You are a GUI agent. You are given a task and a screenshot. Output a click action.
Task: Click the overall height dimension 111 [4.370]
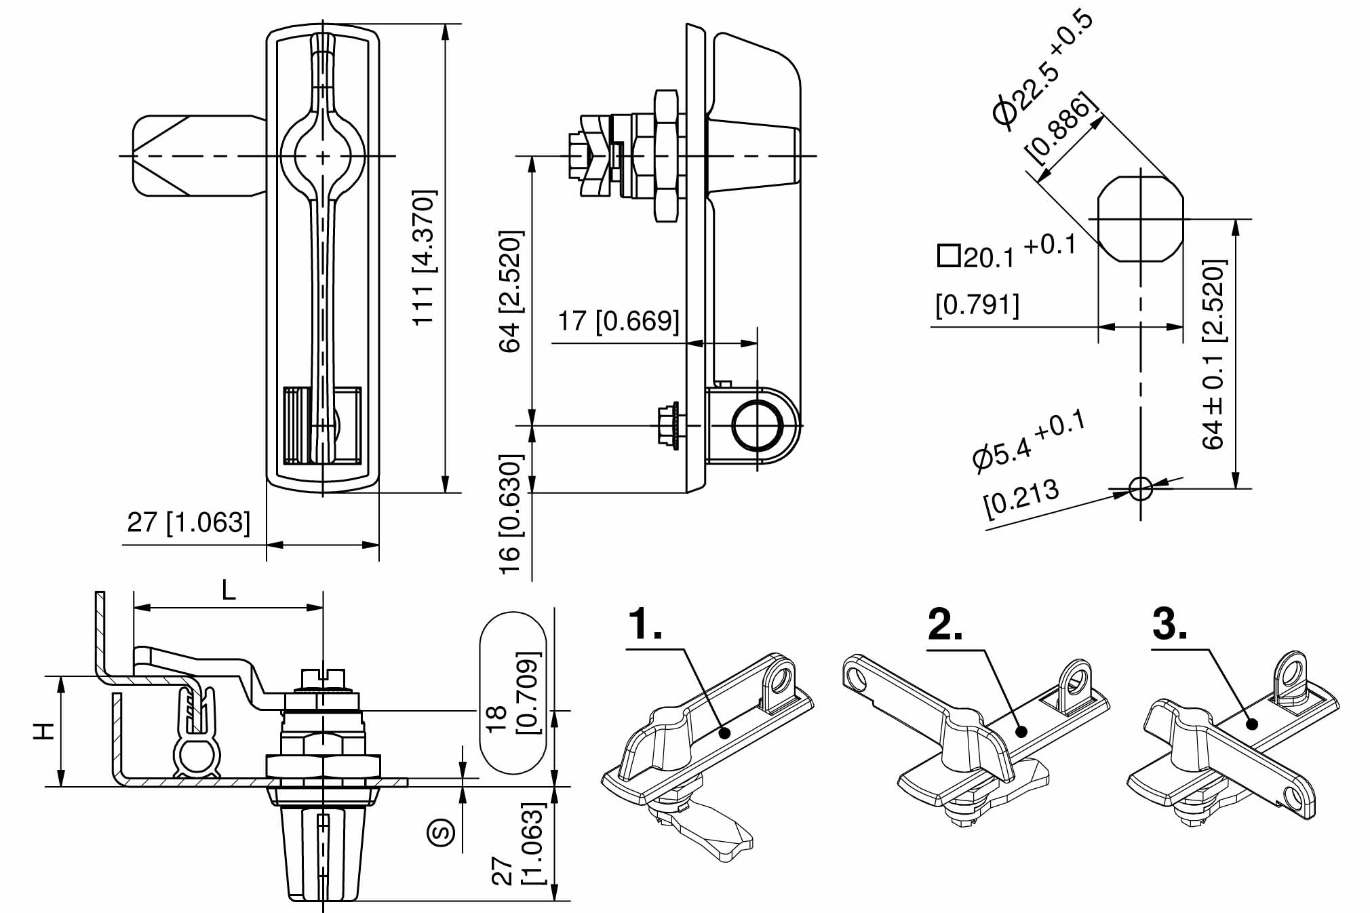click(425, 258)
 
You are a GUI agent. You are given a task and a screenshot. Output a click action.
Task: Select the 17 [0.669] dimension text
click(617, 321)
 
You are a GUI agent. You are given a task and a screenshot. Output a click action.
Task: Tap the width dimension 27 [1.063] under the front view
click(189, 522)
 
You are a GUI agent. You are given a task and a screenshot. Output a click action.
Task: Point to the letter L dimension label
click(229, 591)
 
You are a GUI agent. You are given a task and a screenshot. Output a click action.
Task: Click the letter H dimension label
click(45, 731)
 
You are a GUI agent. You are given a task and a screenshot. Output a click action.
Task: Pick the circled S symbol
click(442, 832)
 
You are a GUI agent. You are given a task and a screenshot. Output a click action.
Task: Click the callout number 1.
click(645, 625)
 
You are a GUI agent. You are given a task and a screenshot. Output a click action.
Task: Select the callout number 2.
click(945, 625)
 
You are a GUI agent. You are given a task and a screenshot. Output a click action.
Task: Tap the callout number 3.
click(1169, 625)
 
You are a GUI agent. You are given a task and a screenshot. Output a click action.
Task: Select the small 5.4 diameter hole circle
click(1140, 488)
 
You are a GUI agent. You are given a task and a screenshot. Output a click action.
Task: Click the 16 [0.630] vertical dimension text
click(510, 514)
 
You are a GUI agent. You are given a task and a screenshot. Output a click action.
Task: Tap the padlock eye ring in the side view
click(757, 426)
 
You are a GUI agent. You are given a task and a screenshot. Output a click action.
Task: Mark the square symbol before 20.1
click(948, 256)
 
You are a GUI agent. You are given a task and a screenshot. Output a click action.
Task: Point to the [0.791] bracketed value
click(977, 305)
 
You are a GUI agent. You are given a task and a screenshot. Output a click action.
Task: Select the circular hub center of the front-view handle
click(323, 156)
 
